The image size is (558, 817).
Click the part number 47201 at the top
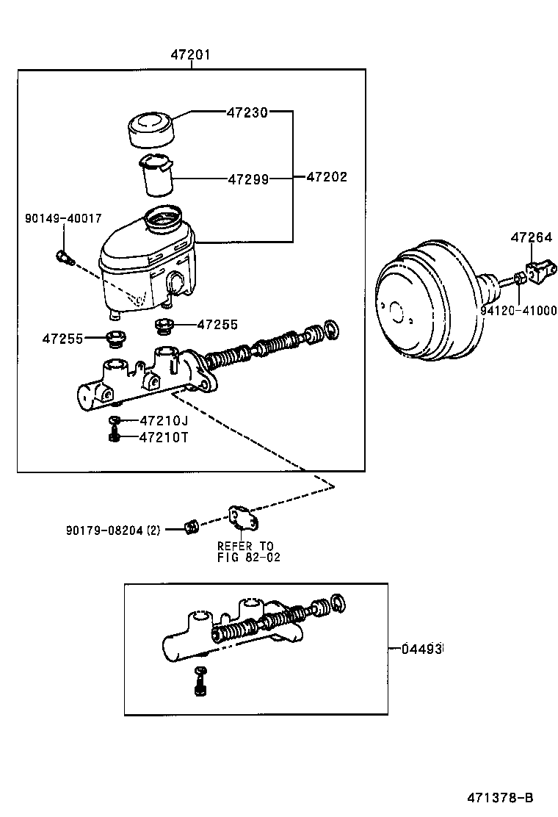(191, 54)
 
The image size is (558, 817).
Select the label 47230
(247, 112)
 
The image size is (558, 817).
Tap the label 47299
(247, 179)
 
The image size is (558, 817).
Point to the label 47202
(326, 177)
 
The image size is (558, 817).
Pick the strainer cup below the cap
(156, 176)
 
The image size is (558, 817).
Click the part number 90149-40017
(63, 218)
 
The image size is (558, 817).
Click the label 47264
(532, 237)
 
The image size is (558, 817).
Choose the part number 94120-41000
(518, 311)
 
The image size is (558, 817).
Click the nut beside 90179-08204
(191, 526)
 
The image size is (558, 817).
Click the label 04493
(423, 649)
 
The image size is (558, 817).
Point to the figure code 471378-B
(500, 798)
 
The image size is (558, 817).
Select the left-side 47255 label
(62, 339)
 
